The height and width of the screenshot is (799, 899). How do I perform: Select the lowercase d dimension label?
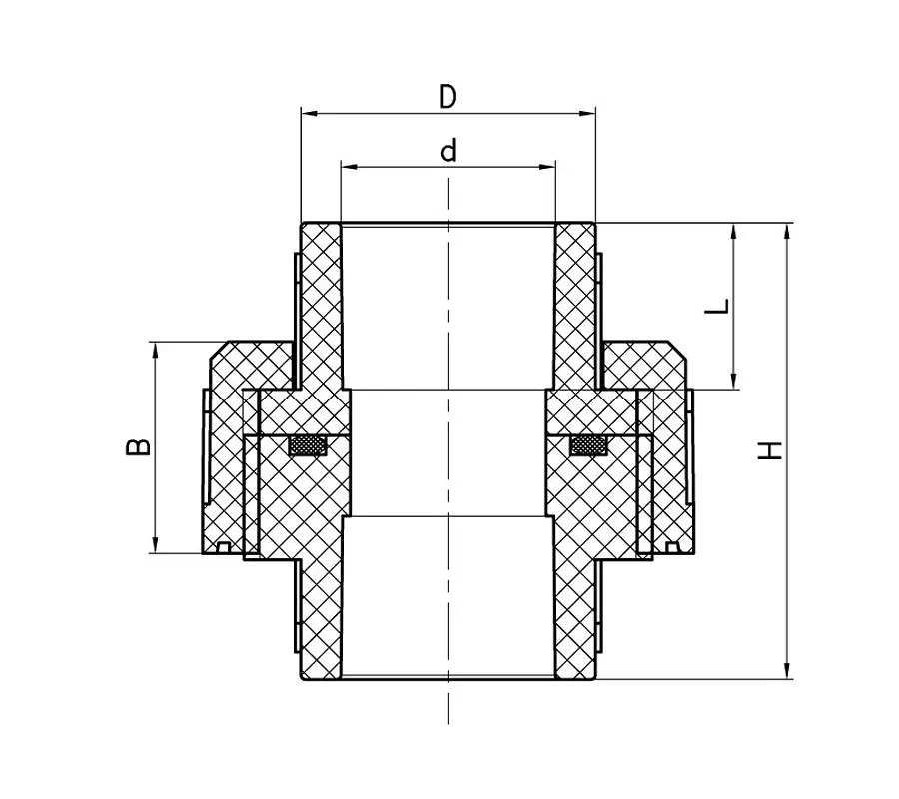449,150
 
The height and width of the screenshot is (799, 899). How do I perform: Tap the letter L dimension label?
716,306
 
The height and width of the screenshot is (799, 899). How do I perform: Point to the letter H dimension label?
770,450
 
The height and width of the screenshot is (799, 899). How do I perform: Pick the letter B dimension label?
138,447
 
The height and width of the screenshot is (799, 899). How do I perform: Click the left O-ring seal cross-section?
308,445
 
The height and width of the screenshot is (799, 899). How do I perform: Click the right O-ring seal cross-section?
588,445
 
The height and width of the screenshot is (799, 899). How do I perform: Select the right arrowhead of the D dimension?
587,113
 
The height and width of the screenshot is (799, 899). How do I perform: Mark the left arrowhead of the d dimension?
350,167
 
